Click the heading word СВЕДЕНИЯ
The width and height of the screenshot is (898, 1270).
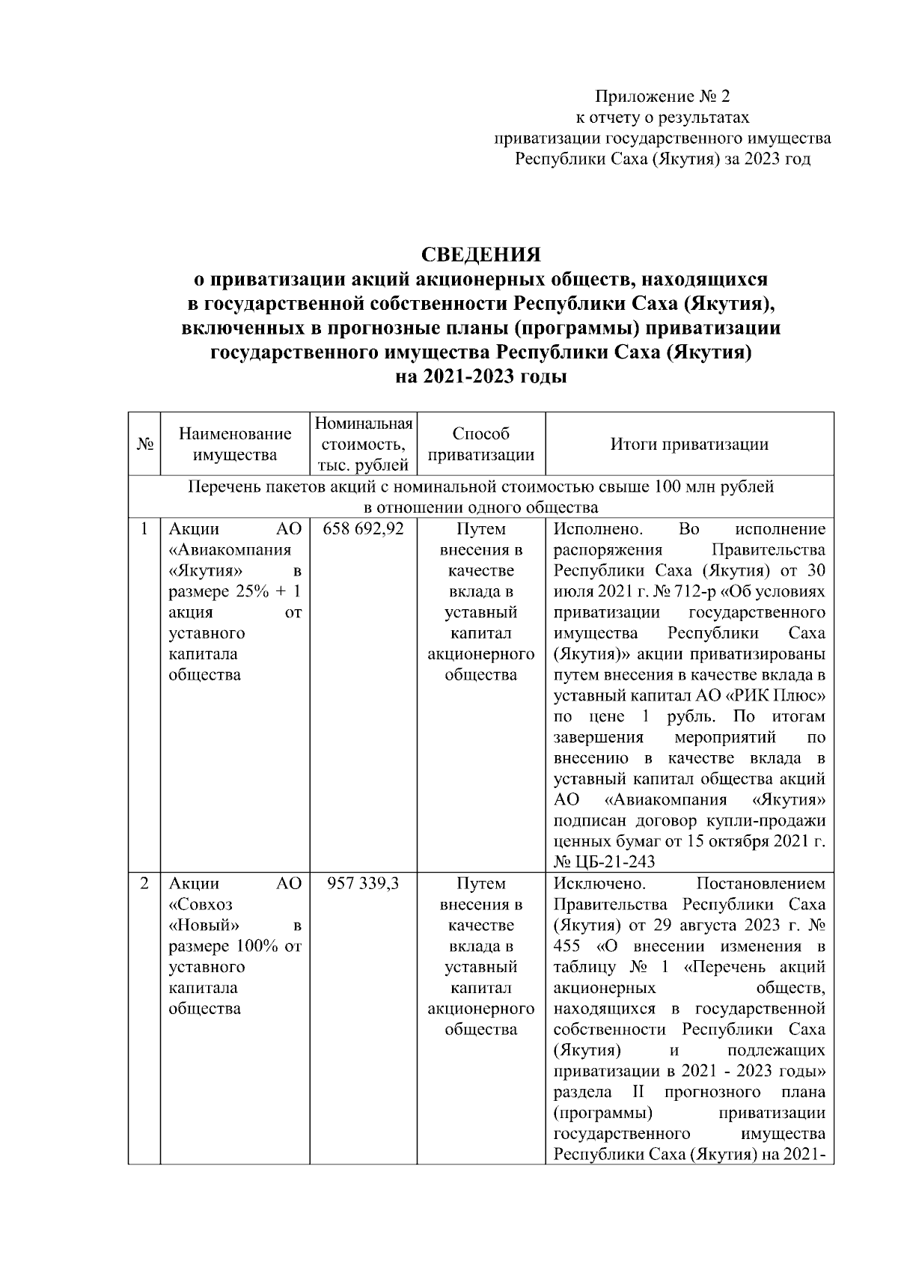coord(481,254)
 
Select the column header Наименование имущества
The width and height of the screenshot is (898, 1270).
coord(235,444)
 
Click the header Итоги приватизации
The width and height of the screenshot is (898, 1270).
coord(689,444)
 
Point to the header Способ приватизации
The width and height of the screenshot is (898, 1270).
coord(481,444)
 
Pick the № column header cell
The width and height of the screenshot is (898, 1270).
coord(144,444)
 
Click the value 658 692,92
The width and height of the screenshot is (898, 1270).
coord(364,529)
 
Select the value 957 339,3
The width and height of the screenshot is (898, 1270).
coord(364,884)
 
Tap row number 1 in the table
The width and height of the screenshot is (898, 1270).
coord(144,529)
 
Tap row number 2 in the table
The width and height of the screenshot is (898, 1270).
coord(144,884)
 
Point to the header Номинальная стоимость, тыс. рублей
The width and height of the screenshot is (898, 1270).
coord(364,444)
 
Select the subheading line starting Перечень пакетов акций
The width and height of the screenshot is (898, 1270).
coord(480,487)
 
